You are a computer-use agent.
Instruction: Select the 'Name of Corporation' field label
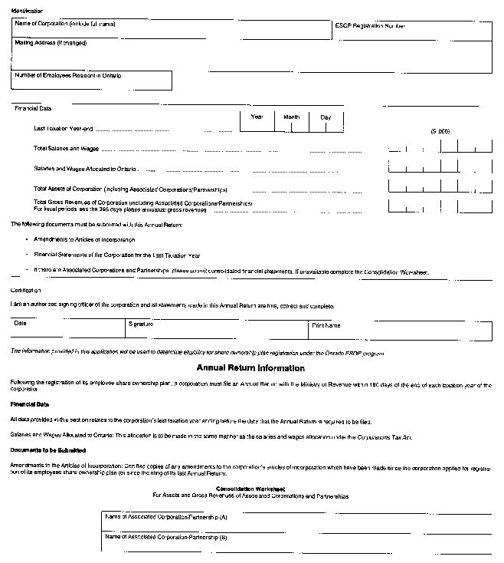[x=65, y=25]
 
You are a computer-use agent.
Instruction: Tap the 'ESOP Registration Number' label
[x=369, y=26]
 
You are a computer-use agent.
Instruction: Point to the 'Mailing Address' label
[x=51, y=43]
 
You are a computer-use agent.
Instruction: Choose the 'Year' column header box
[x=257, y=117]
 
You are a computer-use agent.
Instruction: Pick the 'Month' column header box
[x=292, y=117]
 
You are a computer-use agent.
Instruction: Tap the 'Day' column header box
[x=326, y=117]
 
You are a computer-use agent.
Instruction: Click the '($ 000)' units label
[x=440, y=131]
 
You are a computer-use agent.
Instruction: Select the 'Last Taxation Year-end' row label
[x=64, y=128]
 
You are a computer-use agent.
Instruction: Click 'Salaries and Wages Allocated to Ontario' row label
[x=86, y=168]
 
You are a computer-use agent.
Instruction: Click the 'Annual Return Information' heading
[x=250, y=367]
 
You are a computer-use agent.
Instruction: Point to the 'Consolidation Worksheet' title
[x=250, y=489]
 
